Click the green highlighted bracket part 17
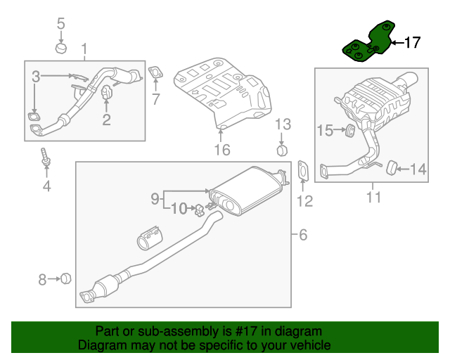[366, 44]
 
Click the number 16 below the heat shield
[222, 149]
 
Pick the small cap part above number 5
[61, 49]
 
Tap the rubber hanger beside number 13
[282, 150]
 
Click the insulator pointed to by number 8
[65, 279]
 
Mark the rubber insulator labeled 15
[347, 130]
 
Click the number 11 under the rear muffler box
[373, 197]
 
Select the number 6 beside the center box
[303, 235]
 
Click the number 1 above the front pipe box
[85, 49]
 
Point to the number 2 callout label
[106, 120]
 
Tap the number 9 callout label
[155, 199]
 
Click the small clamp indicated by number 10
[199, 208]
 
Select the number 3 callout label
[35, 75]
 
